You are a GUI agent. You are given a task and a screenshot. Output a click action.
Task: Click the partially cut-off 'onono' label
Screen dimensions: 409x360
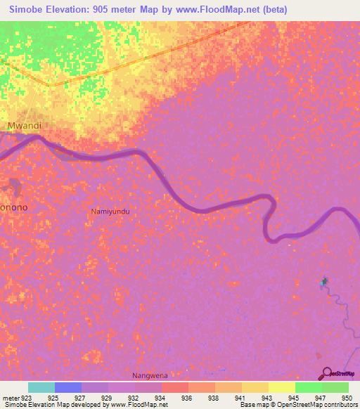[x=14, y=208]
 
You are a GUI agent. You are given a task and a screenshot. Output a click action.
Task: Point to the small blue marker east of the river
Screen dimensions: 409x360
[x=324, y=282]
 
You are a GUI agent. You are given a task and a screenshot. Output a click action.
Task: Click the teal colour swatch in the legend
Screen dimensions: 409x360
[x=41, y=387]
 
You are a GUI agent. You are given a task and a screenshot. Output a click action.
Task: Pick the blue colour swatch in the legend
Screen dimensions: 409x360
[x=68, y=387]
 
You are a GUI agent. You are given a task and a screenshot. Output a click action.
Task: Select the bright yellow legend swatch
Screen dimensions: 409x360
[x=281, y=387]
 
